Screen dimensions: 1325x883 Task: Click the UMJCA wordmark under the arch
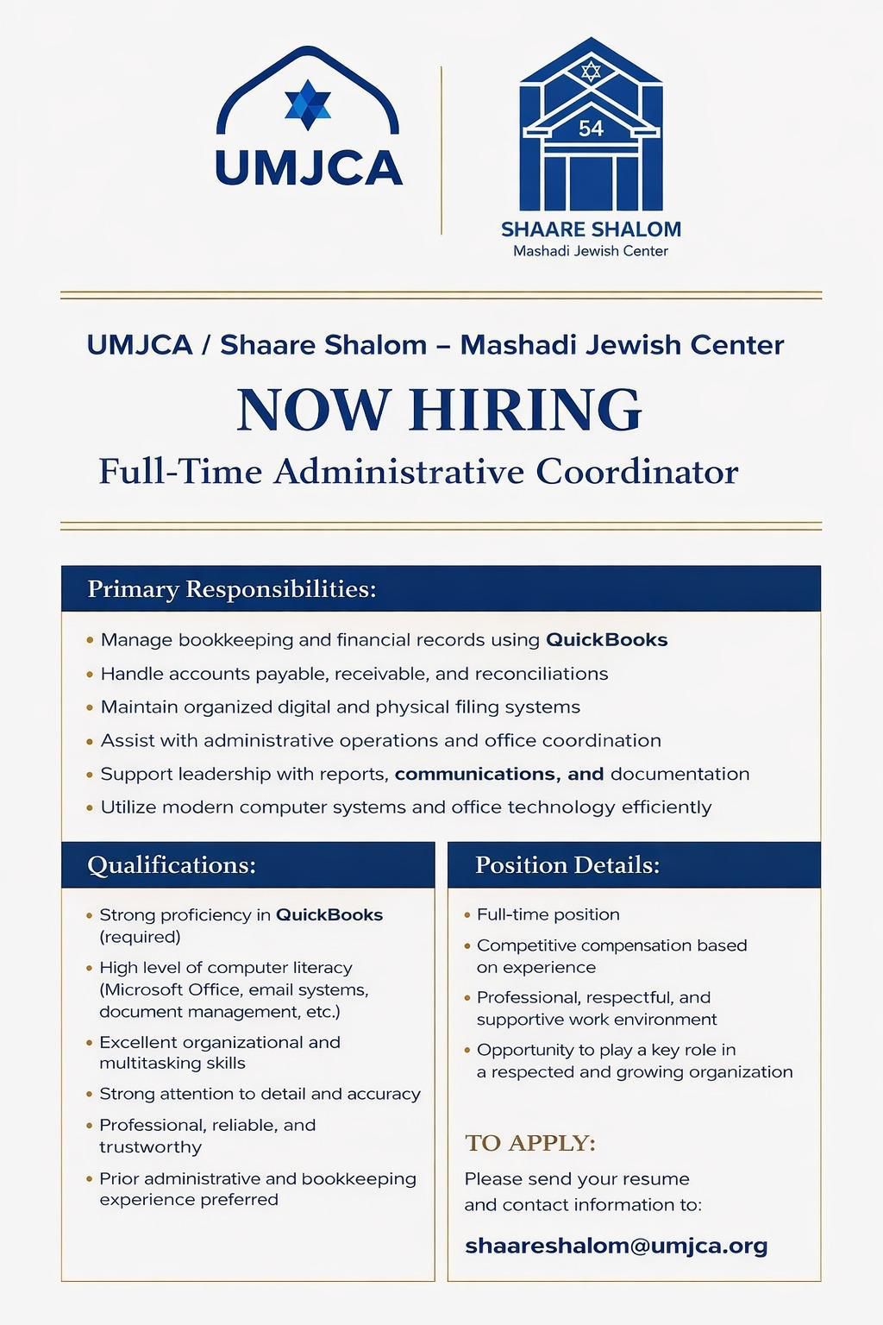coord(309,167)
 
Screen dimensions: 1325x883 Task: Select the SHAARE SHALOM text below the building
coord(591,229)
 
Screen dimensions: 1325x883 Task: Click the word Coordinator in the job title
coord(637,472)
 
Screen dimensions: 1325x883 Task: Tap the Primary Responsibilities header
coord(232,589)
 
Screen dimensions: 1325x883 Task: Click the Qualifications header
coord(172,865)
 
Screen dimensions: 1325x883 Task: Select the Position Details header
coord(567,865)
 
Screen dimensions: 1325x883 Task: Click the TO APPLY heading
coord(530,1143)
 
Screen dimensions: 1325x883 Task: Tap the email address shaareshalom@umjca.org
coord(616,1246)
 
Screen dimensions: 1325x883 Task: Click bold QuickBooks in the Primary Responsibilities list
coord(607,640)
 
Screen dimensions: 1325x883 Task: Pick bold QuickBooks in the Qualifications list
coord(329,914)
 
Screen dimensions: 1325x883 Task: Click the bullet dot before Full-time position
coord(467,914)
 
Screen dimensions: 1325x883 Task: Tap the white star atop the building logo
coord(591,71)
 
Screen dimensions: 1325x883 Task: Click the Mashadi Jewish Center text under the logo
coord(591,251)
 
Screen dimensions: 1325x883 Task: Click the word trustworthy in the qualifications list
coord(150,1147)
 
